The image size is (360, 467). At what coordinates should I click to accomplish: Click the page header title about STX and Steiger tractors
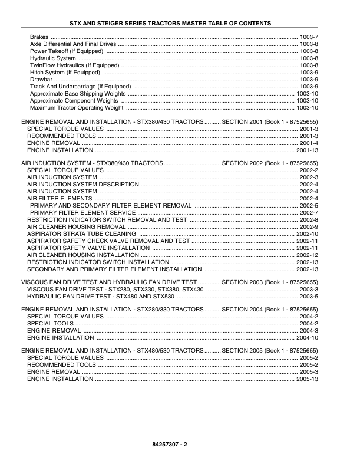click(179, 23)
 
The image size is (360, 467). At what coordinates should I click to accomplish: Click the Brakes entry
click(39, 37)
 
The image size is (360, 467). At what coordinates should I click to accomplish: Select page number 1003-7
click(309, 37)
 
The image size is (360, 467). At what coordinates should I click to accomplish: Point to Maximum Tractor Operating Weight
click(77, 108)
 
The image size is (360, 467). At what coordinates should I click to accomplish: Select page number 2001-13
click(307, 150)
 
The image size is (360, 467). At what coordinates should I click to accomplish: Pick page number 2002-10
click(307, 234)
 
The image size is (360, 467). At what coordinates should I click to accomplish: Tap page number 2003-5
click(309, 297)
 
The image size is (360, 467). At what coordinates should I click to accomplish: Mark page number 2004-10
click(307, 338)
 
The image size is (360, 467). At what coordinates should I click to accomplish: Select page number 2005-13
click(307, 379)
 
